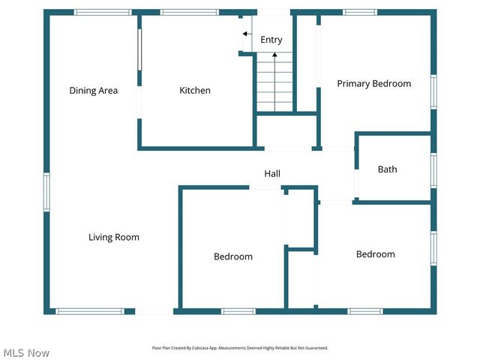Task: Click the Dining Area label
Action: (x=94, y=91)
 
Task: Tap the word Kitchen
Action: (x=194, y=91)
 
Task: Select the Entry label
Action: (x=271, y=40)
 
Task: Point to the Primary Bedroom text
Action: (x=373, y=83)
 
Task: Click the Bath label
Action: (x=387, y=169)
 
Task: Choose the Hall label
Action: (x=271, y=174)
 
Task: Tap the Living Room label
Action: (x=114, y=237)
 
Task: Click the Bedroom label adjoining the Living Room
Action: (x=233, y=256)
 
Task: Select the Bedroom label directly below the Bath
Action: (x=375, y=254)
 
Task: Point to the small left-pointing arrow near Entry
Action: (x=245, y=34)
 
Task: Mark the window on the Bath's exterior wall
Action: (x=433, y=169)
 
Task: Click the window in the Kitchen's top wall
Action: (x=189, y=12)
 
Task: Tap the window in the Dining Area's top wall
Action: (x=103, y=12)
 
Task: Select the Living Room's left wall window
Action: (x=46, y=192)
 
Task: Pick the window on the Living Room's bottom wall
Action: (x=90, y=311)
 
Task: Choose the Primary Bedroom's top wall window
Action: (x=360, y=12)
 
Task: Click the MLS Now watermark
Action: (x=26, y=352)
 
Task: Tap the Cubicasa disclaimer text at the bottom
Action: (x=240, y=348)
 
